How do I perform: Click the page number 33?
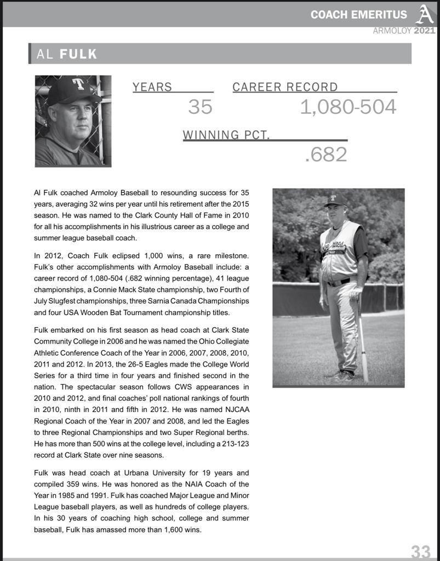[x=421, y=551]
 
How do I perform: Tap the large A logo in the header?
[x=424, y=14]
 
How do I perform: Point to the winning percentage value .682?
[x=325, y=155]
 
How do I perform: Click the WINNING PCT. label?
[x=226, y=135]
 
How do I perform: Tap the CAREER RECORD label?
[x=285, y=87]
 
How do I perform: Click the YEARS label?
[x=152, y=87]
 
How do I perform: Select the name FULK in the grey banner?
[x=78, y=54]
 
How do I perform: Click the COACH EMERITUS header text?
[x=359, y=15]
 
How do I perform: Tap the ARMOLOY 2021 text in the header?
[x=404, y=31]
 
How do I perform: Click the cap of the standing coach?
[x=335, y=200]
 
